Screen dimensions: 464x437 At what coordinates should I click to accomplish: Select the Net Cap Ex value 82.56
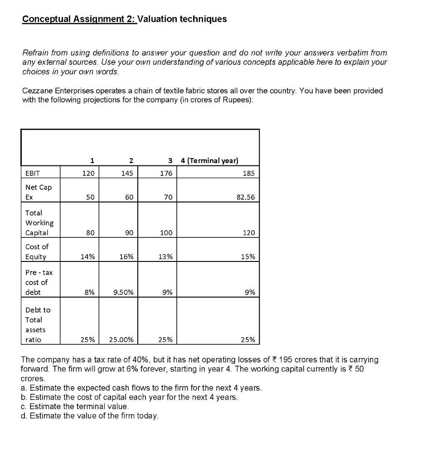pos(246,198)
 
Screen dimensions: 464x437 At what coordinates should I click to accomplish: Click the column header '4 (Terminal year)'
pos(209,160)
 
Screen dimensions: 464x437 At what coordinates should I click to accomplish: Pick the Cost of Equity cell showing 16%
pos(127,256)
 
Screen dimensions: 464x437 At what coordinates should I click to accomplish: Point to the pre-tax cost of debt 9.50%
pos(124,292)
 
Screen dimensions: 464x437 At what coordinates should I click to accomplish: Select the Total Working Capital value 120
pos(248,232)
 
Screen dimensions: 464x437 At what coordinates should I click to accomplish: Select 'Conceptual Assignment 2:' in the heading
pos(79,19)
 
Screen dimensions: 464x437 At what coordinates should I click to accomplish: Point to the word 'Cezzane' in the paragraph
pos(37,91)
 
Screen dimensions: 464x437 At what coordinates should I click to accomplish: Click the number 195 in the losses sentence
pos(286,360)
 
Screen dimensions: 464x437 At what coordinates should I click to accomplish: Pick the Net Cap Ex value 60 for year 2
pos(128,198)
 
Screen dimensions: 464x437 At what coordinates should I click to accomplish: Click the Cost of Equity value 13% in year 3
pos(166,256)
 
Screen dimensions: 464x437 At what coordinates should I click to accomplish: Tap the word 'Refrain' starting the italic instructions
pos(36,53)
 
